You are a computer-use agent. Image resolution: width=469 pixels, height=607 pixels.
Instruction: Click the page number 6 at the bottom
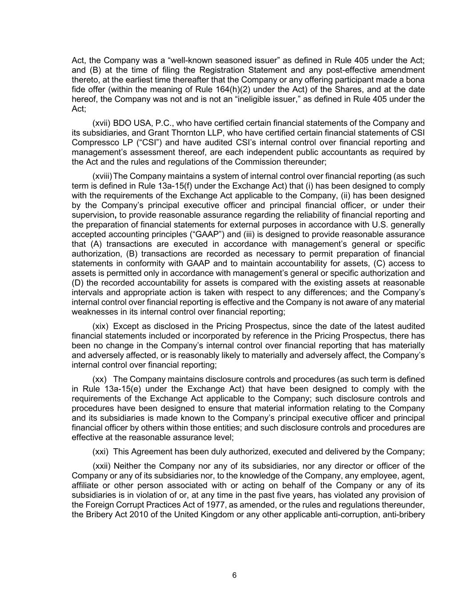coord(234,575)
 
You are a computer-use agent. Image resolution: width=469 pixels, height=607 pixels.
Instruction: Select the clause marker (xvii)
coord(101,123)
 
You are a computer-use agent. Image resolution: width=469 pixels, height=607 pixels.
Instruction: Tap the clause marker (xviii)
coord(103,176)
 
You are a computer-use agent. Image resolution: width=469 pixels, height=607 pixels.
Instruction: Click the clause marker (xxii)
coord(101,466)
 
